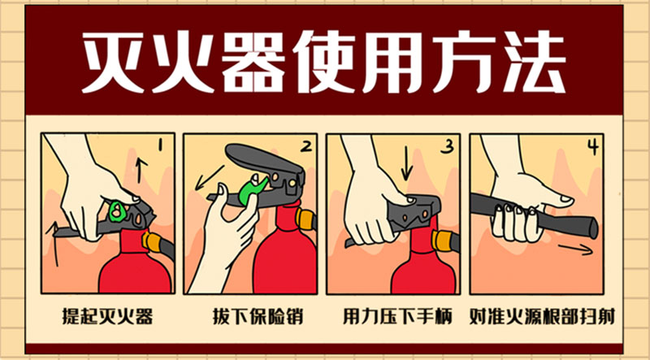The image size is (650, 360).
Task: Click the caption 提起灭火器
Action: pos(107,317)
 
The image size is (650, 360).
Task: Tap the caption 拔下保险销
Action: pos(258,317)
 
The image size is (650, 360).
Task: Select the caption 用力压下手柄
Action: pos(397,317)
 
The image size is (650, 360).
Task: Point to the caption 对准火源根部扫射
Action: pos(542,317)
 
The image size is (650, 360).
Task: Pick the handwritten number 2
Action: pos(306,145)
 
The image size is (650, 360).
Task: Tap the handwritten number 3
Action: pos(447,147)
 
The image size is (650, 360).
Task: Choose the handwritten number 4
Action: pos(594,146)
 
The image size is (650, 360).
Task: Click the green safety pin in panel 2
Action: pos(251,191)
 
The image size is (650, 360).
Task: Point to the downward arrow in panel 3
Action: pos(407,166)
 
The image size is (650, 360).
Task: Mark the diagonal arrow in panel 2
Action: pos(210,178)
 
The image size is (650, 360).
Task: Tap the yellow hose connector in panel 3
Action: pos(442,241)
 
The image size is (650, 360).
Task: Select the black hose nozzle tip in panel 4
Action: pos(591,227)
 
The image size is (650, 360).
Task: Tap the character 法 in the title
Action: pos(535,63)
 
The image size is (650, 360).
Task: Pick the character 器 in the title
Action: pos(255,63)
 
